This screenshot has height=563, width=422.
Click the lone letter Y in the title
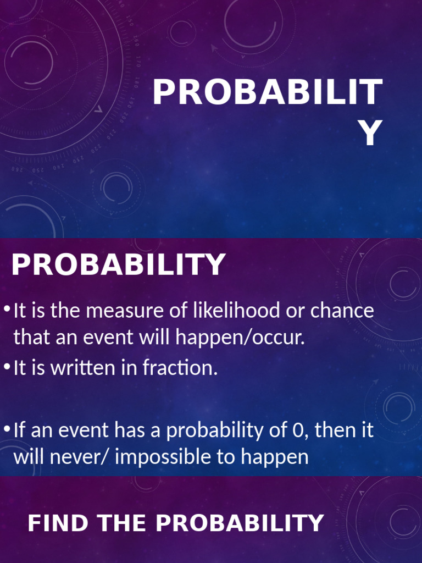[373, 134]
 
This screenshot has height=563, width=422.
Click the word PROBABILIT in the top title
[267, 93]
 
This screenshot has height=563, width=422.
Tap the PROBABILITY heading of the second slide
[118, 265]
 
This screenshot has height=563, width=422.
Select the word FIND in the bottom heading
[50, 523]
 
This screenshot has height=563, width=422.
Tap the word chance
[342, 311]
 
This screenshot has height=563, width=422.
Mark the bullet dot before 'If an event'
[7, 428]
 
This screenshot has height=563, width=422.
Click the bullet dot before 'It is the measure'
[7, 310]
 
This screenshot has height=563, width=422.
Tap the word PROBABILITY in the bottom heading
[240, 523]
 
